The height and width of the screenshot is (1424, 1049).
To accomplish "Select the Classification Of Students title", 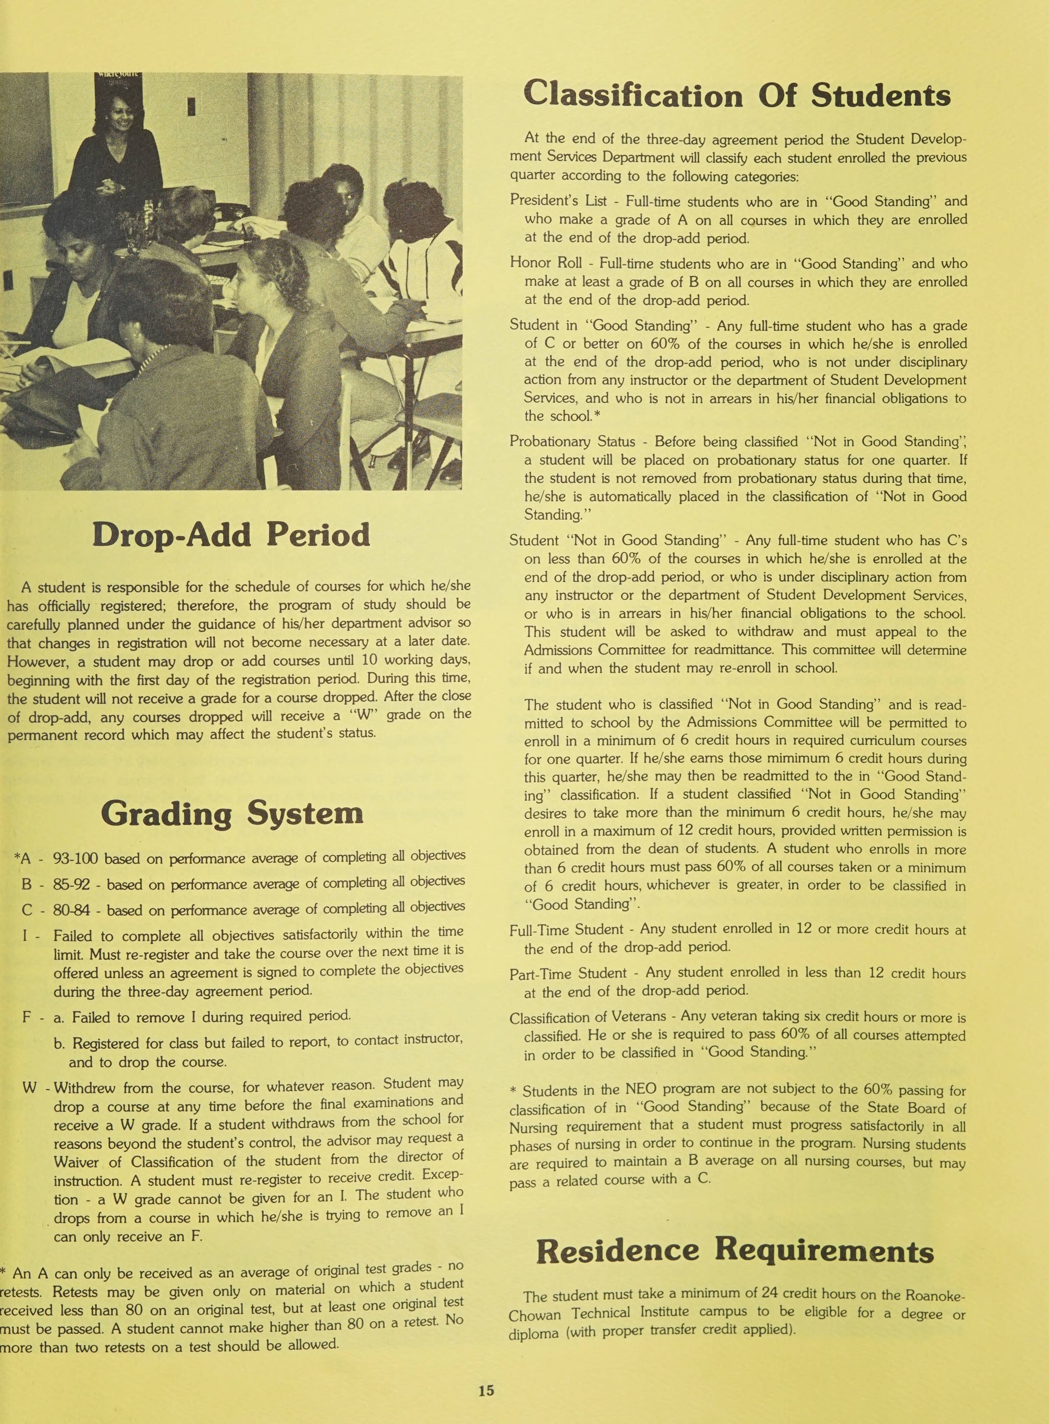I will tap(737, 95).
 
